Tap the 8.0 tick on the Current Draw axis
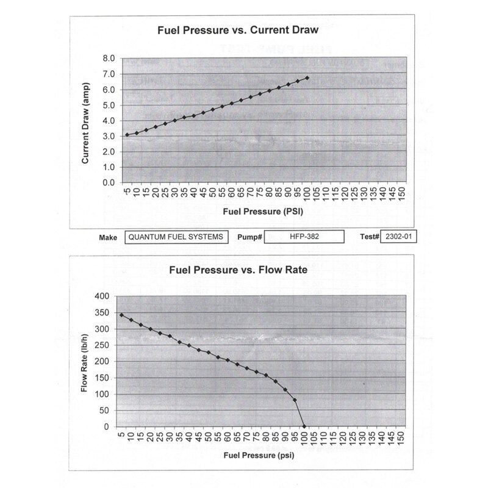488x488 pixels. [x=109, y=59]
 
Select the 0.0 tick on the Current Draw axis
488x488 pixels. [x=109, y=182]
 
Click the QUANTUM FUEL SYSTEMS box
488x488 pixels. [x=178, y=237]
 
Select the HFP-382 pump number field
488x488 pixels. [x=304, y=237]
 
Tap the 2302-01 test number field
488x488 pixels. [x=398, y=237]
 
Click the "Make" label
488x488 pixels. [x=107, y=237]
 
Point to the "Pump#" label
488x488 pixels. [x=249, y=237]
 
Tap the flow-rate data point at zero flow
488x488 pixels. [x=304, y=426]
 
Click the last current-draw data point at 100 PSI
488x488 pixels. [x=307, y=78]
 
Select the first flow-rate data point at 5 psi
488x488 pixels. [x=121, y=315]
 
